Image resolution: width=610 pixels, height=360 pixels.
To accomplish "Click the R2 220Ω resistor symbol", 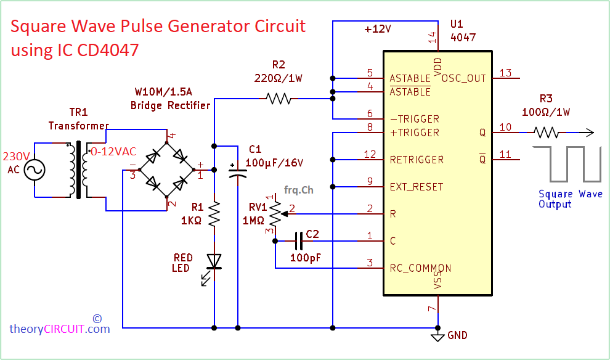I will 278,98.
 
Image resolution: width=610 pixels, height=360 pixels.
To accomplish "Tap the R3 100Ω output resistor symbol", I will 546,132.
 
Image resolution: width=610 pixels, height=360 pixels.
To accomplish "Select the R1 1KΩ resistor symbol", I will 214,215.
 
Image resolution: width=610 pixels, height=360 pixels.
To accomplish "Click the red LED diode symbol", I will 214,262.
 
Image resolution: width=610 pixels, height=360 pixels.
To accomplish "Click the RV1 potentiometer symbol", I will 275,215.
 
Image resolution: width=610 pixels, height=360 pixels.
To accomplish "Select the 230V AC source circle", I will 35,170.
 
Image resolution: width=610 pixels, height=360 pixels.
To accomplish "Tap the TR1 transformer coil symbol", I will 78,170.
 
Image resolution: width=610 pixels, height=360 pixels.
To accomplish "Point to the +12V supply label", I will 378,30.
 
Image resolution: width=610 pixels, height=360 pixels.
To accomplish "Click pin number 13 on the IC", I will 505,73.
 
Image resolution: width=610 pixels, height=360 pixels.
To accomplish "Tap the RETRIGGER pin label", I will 417,160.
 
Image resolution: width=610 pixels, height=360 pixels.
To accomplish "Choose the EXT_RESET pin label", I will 417,187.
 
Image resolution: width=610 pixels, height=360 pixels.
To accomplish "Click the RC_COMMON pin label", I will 420,268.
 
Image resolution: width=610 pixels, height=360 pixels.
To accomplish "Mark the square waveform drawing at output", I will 567,164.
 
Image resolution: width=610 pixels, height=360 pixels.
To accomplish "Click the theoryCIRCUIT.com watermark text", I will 60,329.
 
